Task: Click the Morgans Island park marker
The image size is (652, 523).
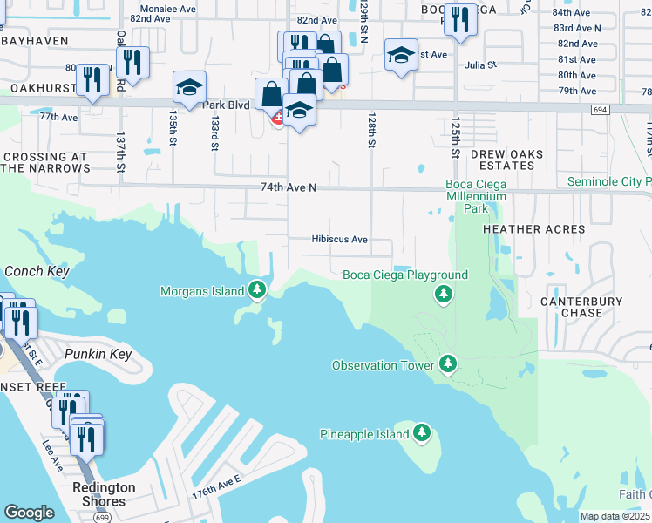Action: [x=256, y=289]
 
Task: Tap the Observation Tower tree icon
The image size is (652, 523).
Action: [x=448, y=362]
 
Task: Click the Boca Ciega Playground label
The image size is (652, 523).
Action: [x=405, y=275]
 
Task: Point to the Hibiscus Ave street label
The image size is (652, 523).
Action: [x=340, y=240]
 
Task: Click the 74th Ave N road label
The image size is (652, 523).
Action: [x=288, y=187]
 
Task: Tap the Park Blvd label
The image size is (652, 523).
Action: [x=226, y=105]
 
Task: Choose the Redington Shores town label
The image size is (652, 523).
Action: [x=104, y=494]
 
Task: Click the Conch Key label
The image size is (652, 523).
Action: [x=37, y=271]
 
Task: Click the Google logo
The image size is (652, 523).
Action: [x=29, y=513]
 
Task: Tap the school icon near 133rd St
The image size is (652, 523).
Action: [x=189, y=86]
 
